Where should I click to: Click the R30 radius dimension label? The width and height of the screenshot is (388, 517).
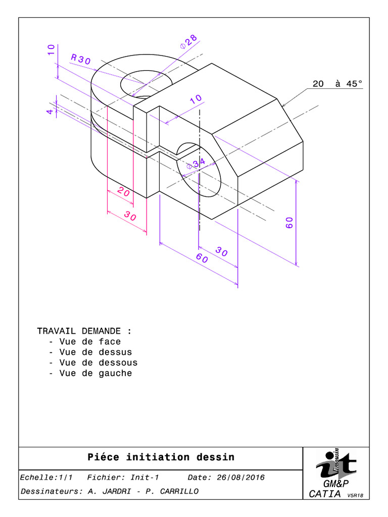(81, 60)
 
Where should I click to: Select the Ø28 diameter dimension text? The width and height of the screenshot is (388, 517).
(188, 42)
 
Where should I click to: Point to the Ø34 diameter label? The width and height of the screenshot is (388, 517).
(196, 164)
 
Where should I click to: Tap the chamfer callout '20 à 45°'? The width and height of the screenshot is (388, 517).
(337, 84)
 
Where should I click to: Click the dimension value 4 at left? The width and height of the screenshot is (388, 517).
(50, 111)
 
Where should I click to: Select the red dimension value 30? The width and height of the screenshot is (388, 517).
(130, 217)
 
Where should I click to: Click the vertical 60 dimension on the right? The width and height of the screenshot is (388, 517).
(289, 223)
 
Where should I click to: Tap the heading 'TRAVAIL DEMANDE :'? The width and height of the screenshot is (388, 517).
(84, 331)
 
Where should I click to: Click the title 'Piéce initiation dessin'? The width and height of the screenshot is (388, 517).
(161, 457)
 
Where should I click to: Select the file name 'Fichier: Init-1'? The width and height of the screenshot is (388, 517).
(123, 478)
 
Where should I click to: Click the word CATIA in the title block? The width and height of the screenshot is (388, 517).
(325, 494)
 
